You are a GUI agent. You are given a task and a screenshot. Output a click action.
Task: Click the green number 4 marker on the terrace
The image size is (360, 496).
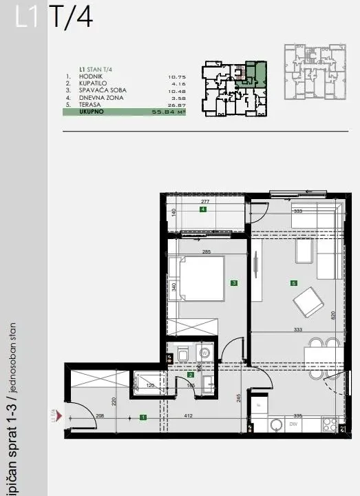(203, 209)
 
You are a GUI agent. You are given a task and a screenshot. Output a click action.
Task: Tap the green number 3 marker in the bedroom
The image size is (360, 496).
(234, 282)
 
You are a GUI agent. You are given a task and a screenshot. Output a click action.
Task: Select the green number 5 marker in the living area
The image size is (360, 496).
(293, 282)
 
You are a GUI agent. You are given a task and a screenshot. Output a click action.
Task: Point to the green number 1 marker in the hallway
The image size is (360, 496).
(142, 417)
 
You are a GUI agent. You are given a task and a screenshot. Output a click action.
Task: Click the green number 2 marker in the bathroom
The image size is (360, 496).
(191, 375)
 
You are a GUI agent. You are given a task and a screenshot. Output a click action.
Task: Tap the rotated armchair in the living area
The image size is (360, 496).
(308, 302)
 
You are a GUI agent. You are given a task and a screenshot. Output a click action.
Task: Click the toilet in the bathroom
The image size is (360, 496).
(182, 354)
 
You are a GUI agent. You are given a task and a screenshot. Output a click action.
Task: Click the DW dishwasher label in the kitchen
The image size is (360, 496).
(293, 424)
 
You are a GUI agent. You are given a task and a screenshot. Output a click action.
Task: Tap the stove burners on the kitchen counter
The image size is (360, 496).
(328, 424)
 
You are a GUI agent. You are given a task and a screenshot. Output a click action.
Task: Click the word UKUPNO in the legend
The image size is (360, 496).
(91, 110)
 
